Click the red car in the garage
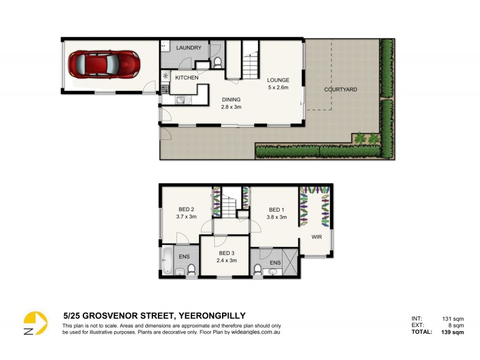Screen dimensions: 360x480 104,63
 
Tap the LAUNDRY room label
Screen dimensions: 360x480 188,48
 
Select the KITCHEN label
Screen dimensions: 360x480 186,78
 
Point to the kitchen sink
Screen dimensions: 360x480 179,101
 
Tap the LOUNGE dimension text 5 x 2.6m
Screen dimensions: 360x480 278,88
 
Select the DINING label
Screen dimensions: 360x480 231,100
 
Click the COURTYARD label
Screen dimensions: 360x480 340,89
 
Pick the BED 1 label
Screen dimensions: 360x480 277,209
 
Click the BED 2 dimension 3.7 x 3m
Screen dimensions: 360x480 186,217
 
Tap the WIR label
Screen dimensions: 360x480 316,237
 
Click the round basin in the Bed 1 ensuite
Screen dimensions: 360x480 274,271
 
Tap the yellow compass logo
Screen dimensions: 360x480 35,323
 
